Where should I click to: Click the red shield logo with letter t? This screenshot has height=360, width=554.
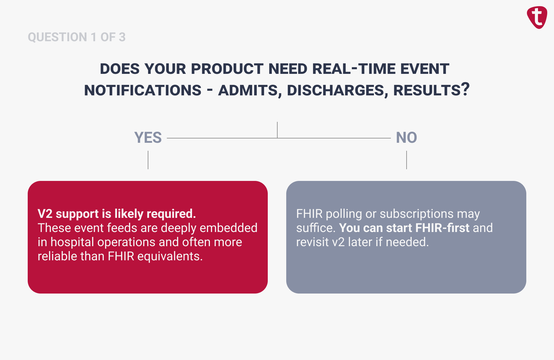pyautogui.click(x=537, y=17)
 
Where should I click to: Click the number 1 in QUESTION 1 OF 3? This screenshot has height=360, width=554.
pyautogui.click(x=94, y=37)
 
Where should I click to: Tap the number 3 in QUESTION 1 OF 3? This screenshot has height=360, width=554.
pyautogui.click(x=122, y=37)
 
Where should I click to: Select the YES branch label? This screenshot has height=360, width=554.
pyautogui.click(x=148, y=138)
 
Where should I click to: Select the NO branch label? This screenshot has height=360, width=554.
pyautogui.click(x=406, y=138)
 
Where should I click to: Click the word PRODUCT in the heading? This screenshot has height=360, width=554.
pyautogui.click(x=227, y=69)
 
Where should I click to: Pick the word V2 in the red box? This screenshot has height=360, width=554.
pyautogui.click(x=45, y=214)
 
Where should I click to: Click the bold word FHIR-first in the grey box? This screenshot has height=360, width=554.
pyautogui.click(x=442, y=228)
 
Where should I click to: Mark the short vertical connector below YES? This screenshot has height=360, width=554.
pyautogui.click(x=148, y=160)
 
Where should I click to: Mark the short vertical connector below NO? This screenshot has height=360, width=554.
pyautogui.click(x=407, y=160)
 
